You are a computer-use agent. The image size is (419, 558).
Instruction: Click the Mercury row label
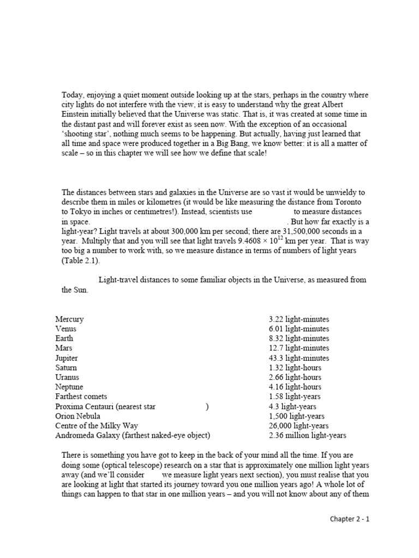pyautogui.click(x=69, y=319)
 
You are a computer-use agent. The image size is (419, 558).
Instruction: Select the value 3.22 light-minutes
pyautogui.click(x=298, y=319)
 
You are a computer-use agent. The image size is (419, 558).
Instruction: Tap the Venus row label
pyautogui.click(x=66, y=329)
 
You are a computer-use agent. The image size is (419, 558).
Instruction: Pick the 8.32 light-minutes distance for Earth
pyautogui.click(x=298, y=338)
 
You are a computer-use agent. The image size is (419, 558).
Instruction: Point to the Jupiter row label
pyautogui.click(x=67, y=358)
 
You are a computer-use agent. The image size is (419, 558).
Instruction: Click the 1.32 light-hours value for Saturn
pyautogui.click(x=295, y=368)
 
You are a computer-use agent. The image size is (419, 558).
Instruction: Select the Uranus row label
pyautogui.click(x=67, y=377)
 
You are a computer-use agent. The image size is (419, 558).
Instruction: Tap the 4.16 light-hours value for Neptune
pyautogui.click(x=295, y=387)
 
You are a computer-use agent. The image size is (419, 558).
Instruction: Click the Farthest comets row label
pyautogui.click(x=81, y=397)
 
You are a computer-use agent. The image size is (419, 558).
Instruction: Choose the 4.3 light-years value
pyautogui.click(x=292, y=407)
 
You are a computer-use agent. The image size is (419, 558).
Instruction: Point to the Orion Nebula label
pyautogui.click(x=77, y=416)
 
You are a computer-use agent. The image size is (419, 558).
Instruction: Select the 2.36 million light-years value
pyautogui.click(x=307, y=435)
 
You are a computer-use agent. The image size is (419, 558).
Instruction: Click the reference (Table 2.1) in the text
pyautogui.click(x=80, y=261)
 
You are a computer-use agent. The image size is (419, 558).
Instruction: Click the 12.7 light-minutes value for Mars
pyautogui.click(x=298, y=348)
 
